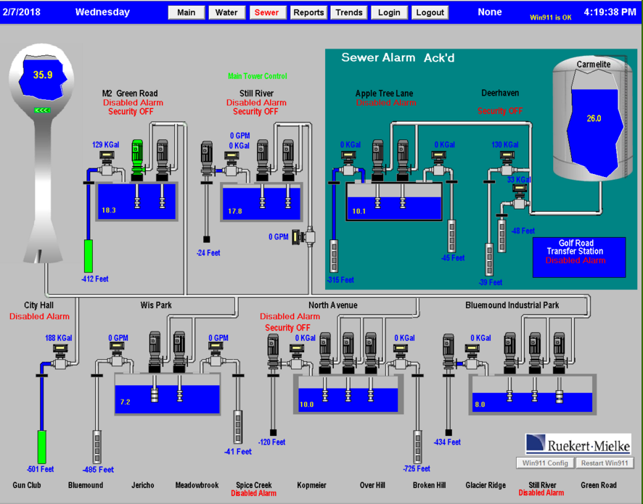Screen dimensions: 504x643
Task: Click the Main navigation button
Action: click(187, 12)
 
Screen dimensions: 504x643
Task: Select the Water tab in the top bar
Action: click(226, 12)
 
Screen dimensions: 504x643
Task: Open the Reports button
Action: click(308, 12)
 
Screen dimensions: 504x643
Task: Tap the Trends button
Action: click(349, 12)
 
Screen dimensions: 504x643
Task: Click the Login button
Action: click(389, 12)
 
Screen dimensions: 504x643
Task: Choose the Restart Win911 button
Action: click(604, 463)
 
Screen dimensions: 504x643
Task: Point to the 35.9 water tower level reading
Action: click(43, 75)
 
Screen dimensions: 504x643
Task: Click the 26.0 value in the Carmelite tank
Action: click(594, 118)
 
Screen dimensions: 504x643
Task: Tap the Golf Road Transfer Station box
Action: click(578, 257)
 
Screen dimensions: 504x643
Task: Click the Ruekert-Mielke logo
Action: click(578, 444)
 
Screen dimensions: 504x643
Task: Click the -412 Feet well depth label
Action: click(94, 278)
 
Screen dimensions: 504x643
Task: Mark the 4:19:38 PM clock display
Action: click(610, 12)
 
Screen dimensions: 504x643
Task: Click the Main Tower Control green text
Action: click(257, 76)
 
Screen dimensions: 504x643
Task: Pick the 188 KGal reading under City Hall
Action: click(59, 338)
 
